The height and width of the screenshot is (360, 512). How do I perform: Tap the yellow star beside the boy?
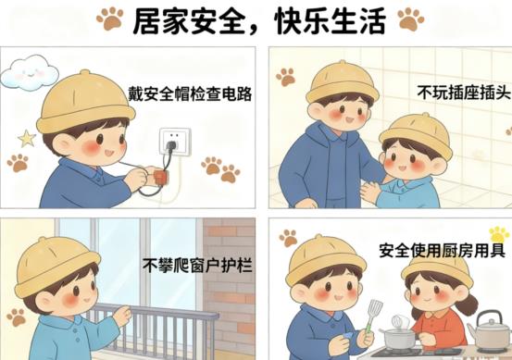tap(27, 139)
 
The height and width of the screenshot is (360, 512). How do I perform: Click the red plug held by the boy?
tap(159, 175)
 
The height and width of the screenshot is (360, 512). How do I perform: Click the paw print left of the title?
tap(109, 18)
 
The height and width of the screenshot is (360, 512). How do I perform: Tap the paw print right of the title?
tap(408, 18)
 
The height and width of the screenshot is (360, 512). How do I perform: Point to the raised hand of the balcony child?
tap(121, 316)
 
